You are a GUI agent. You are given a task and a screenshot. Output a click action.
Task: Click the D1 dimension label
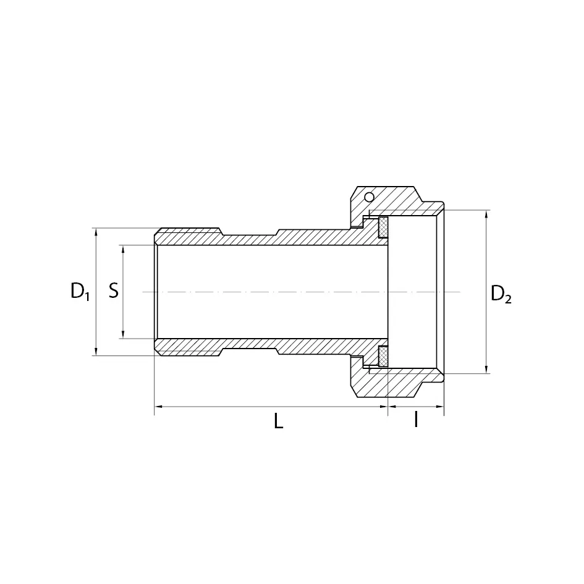(x=80, y=291)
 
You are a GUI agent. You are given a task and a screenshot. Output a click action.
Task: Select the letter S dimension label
(x=114, y=291)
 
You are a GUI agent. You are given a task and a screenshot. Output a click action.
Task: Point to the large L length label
(x=279, y=422)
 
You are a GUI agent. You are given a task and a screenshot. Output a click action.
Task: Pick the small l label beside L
(x=416, y=420)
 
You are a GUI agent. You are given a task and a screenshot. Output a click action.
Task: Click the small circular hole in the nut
(x=369, y=197)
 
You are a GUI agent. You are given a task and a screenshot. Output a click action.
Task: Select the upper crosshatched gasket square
(x=383, y=227)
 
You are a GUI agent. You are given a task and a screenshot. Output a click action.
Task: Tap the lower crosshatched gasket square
(x=383, y=356)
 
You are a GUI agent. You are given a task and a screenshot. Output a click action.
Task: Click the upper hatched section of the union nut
(x=396, y=201)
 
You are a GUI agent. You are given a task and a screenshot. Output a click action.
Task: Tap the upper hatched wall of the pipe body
(x=260, y=239)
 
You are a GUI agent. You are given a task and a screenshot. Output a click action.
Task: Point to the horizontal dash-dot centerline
(x=272, y=292)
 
